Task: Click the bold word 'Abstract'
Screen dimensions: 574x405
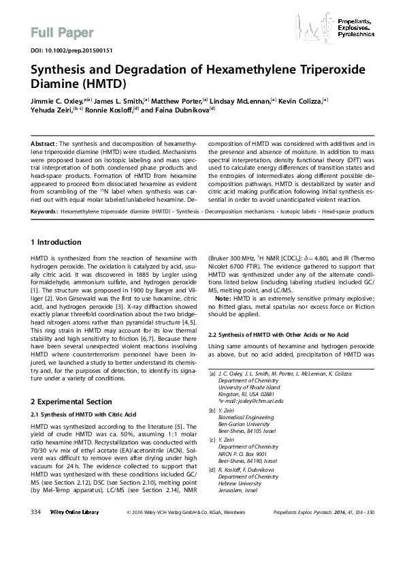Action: point(44,145)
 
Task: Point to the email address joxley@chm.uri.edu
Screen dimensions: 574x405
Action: point(249,401)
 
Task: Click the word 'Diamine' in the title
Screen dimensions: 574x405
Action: point(59,85)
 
